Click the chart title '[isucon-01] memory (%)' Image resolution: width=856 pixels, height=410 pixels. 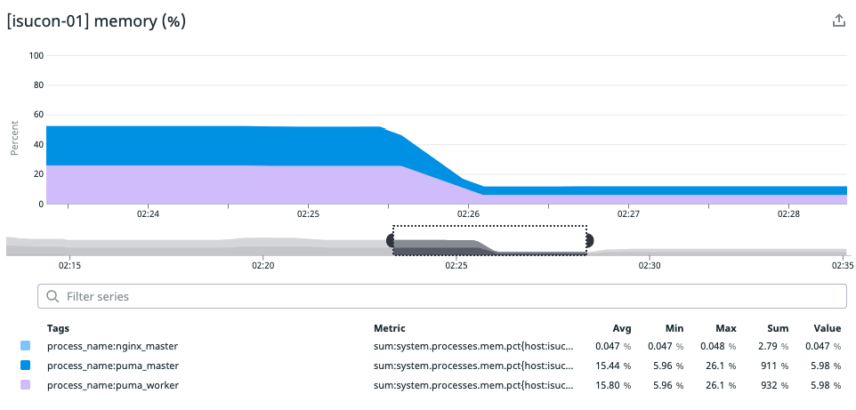(96, 20)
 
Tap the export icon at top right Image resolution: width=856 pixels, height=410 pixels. (837, 21)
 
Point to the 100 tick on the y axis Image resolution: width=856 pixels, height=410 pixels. (36, 55)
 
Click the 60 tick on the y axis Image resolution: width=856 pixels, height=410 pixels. (36, 115)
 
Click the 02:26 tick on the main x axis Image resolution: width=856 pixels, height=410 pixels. (468, 214)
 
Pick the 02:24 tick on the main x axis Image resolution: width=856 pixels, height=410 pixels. (148, 214)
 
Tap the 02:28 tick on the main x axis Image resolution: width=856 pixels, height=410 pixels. (788, 214)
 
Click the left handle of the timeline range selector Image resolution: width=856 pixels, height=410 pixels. (392, 240)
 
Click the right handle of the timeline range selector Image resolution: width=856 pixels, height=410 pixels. (587, 240)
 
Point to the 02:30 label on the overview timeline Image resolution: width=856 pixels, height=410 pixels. (649, 265)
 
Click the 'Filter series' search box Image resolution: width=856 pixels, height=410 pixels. (442, 296)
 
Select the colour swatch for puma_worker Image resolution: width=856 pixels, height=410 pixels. (25, 385)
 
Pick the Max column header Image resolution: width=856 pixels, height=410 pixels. (726, 328)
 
